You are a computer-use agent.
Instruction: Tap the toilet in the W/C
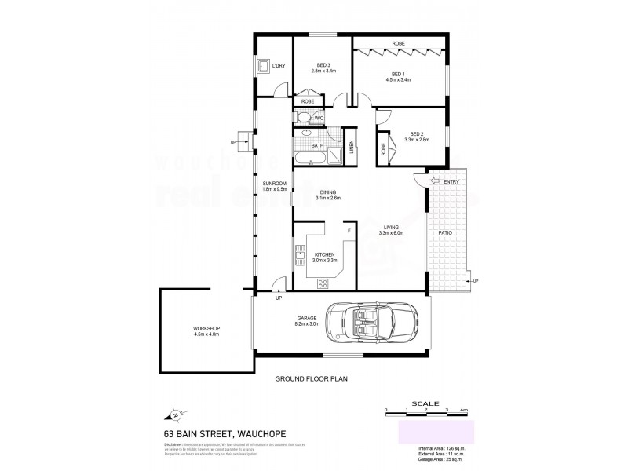pos(303,118)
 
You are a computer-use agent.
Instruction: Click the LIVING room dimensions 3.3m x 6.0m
pos(390,233)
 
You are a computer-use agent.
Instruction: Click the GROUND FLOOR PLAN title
pos(311,378)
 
